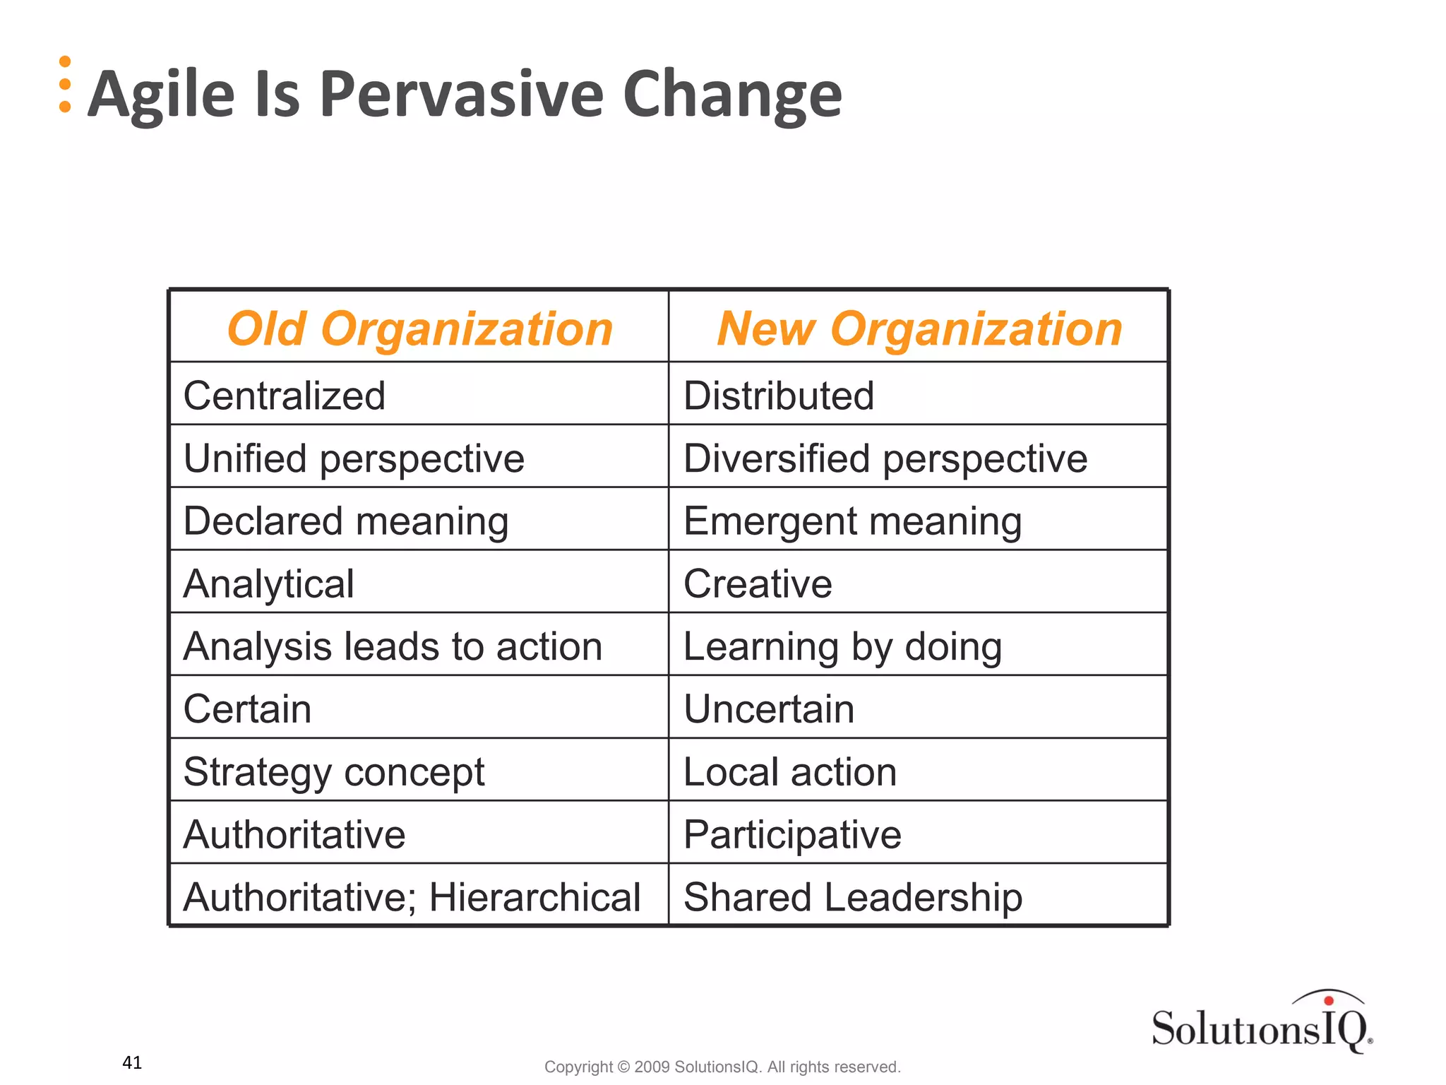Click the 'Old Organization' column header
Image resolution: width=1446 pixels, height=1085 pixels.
(x=419, y=329)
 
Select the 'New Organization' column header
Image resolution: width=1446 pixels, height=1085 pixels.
(x=919, y=329)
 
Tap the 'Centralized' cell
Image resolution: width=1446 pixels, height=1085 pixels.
(x=285, y=396)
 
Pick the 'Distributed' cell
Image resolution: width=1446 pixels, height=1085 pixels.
(x=779, y=396)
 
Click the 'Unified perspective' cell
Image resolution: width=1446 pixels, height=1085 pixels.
(x=354, y=458)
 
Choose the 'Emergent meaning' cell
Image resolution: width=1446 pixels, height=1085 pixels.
(x=853, y=521)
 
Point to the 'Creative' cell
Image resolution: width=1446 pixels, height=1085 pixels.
(x=758, y=584)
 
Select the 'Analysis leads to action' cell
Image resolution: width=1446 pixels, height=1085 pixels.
(x=393, y=646)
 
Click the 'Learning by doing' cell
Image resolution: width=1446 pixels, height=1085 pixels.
(x=842, y=646)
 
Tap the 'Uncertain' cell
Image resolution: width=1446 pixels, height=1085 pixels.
(x=769, y=709)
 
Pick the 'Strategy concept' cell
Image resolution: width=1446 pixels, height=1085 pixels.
(x=334, y=772)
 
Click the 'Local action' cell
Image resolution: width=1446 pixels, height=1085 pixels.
(x=790, y=772)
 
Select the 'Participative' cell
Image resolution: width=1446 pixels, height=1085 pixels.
(x=792, y=835)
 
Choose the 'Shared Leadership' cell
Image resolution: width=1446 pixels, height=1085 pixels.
(x=853, y=898)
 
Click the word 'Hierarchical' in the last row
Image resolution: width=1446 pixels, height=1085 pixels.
(x=534, y=898)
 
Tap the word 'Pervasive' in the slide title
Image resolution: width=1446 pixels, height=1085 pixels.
(x=462, y=95)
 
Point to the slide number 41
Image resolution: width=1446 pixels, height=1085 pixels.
(x=132, y=1062)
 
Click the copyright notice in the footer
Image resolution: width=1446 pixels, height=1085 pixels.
(x=722, y=1067)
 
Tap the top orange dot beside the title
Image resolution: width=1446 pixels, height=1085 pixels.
(x=65, y=62)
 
